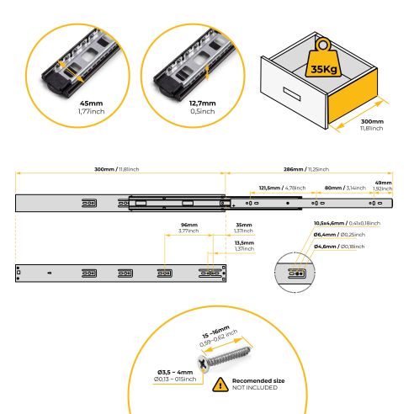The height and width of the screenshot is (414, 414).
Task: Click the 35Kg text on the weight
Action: pos(324,69)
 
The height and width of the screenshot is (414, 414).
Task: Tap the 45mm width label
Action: pos(92,103)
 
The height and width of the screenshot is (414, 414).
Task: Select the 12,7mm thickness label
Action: pos(203,103)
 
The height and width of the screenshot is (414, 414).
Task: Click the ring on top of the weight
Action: pos(323,45)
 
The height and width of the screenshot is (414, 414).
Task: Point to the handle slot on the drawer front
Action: pos(292,94)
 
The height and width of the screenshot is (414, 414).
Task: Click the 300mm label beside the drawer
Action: pos(372,121)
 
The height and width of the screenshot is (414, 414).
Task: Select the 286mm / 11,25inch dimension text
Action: pos(306,169)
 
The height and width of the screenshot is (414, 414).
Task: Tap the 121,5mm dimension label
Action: pos(269,188)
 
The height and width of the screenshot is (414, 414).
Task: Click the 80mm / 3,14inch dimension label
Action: pos(345,188)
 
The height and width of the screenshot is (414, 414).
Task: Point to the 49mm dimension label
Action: pos(384,183)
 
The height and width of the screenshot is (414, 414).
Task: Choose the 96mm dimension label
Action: pos(189,225)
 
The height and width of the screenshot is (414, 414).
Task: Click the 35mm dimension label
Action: pos(244,225)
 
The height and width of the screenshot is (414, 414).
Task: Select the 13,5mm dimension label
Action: pos(245,242)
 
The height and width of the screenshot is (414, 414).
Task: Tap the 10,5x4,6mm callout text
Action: pos(329,223)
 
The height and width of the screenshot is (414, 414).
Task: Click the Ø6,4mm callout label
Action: pos(325,235)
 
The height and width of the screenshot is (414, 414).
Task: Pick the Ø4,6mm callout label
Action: pos(325,247)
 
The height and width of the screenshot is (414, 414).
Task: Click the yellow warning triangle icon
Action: pos(220,385)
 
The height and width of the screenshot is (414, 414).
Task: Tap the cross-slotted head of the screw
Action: pos(203,364)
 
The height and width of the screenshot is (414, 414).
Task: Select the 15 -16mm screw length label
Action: pos(216,332)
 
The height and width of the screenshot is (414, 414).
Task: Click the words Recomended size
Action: pos(258,380)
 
